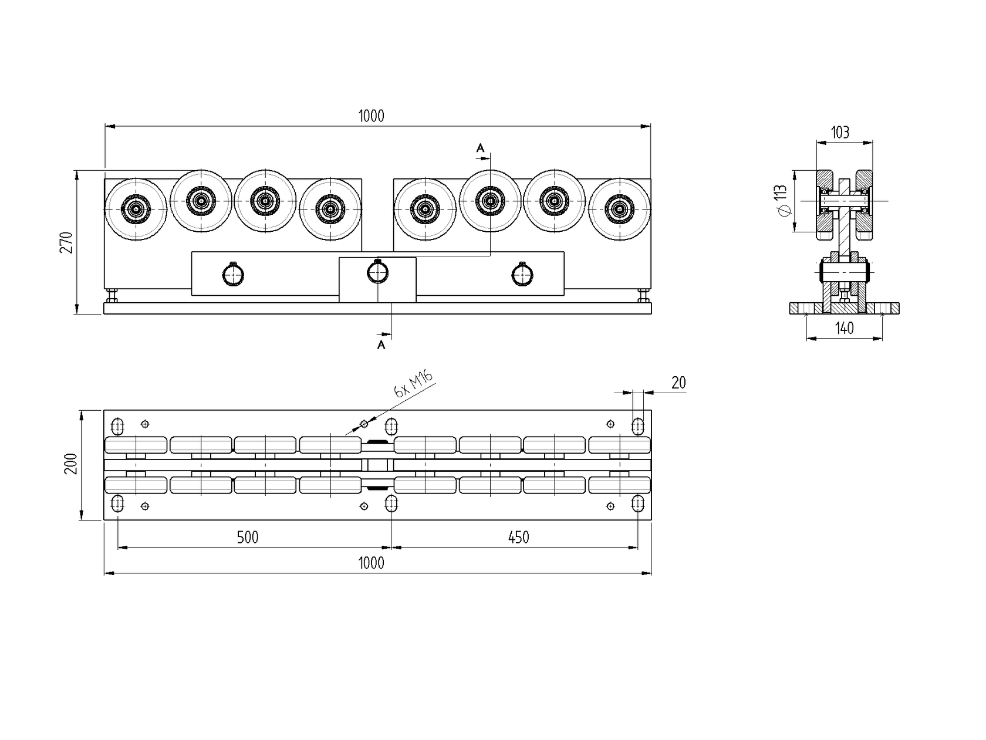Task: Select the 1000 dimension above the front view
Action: [371, 116]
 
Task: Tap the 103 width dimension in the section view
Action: [840, 132]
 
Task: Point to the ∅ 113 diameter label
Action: [780, 201]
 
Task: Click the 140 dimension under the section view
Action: [844, 328]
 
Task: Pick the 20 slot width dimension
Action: [678, 383]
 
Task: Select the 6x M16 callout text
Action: [413, 385]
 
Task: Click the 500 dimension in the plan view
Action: [247, 537]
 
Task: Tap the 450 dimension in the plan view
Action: [518, 537]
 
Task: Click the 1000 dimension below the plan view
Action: [371, 563]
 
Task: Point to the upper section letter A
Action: [480, 148]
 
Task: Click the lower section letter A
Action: [381, 345]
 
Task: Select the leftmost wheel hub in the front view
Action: [136, 208]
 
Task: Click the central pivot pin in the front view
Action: [377, 272]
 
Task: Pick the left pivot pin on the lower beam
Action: [233, 274]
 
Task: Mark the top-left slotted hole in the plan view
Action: [117, 425]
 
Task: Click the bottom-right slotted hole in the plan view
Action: [638, 504]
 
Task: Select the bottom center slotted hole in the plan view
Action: [391, 504]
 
